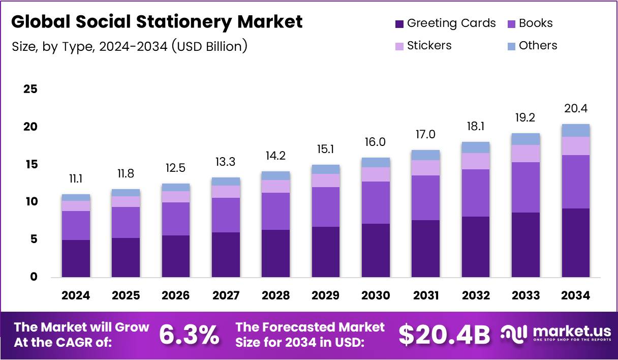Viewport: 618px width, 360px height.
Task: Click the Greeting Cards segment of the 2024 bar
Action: coord(76,258)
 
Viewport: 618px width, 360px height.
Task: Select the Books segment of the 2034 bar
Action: coord(576,182)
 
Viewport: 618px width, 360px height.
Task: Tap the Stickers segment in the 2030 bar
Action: coord(376,174)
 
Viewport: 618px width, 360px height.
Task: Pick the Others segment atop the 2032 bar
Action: coord(476,147)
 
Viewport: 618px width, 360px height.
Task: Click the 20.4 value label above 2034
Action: coord(576,108)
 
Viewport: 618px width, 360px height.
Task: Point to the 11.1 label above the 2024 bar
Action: coord(76,178)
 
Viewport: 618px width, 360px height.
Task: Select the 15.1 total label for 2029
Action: coord(326,149)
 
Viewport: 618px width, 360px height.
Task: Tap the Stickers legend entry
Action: coord(429,46)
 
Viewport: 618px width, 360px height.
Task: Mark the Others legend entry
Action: coord(538,46)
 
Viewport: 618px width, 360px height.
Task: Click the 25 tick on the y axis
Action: coord(30,89)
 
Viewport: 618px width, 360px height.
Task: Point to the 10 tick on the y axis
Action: coord(30,202)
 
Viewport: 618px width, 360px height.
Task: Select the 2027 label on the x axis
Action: coord(226,296)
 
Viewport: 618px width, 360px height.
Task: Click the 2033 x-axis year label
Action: coord(526,296)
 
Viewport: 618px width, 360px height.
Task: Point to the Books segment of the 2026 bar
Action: coord(176,219)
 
